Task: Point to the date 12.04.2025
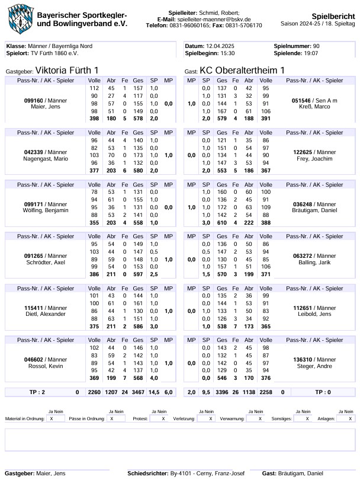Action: click(x=221, y=46)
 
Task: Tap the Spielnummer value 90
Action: click(x=316, y=46)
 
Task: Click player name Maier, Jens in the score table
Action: click(x=38, y=107)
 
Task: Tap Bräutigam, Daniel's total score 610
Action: click(x=222, y=222)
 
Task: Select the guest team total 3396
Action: click(x=223, y=392)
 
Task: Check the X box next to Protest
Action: click(x=163, y=418)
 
